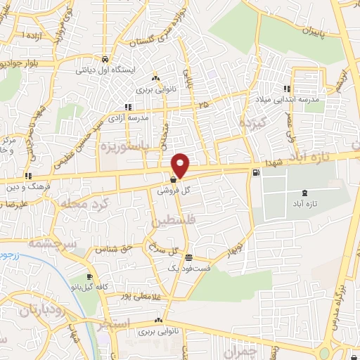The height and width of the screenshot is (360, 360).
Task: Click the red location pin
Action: pos(181,165)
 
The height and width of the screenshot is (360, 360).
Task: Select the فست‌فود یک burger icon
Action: pos(188,257)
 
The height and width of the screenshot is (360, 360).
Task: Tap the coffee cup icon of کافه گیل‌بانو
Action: pos(89,277)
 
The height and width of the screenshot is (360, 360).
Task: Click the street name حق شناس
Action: pos(117,247)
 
